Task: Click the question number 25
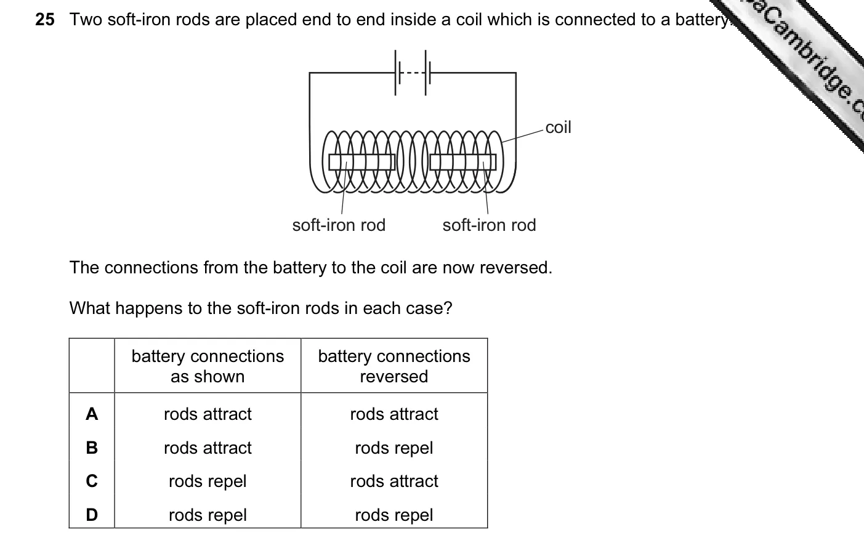45,20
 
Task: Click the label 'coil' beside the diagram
558,127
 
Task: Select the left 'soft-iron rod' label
339,225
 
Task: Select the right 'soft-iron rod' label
489,225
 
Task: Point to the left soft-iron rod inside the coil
362,162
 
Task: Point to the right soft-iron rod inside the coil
463,162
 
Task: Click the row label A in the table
92,414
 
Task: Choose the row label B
92,448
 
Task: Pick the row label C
92,481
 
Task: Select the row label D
92,515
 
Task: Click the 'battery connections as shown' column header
208,366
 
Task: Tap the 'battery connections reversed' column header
394,366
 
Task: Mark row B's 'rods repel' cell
394,448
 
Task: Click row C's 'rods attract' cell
394,481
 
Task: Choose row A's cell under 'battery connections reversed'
394,414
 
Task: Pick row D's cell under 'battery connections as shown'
208,515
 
